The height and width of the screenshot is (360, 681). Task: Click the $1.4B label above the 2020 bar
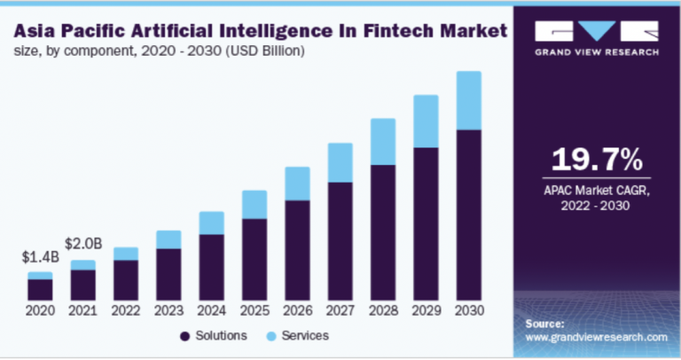coord(39,257)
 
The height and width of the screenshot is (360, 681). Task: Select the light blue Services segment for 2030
coord(468,100)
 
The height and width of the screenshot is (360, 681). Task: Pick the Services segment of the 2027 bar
coord(340,162)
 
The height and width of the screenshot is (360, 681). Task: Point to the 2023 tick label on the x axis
coord(168,311)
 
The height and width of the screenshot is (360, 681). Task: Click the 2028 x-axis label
coord(382,311)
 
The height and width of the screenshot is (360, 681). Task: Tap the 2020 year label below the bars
coord(39,311)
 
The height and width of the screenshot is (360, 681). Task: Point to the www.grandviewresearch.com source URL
coord(596,338)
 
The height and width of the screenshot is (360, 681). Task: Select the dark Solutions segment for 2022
coord(126,279)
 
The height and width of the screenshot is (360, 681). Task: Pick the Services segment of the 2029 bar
coord(426,121)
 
